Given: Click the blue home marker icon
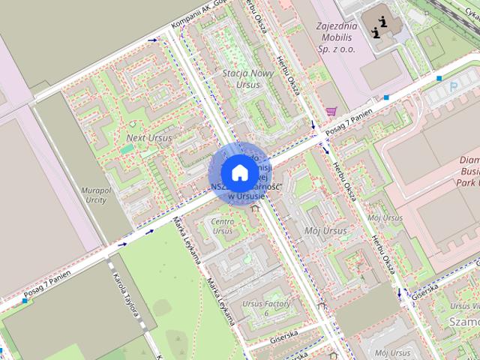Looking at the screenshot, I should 238,172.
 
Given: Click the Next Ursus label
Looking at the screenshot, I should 148,138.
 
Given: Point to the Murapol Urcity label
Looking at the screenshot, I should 94,195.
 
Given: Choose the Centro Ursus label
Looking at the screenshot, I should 223,226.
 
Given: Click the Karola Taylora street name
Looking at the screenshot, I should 122,295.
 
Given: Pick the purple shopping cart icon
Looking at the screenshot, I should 331,111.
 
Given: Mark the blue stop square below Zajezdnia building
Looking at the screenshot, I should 386,97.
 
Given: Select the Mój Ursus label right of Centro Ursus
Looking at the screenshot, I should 327,231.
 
